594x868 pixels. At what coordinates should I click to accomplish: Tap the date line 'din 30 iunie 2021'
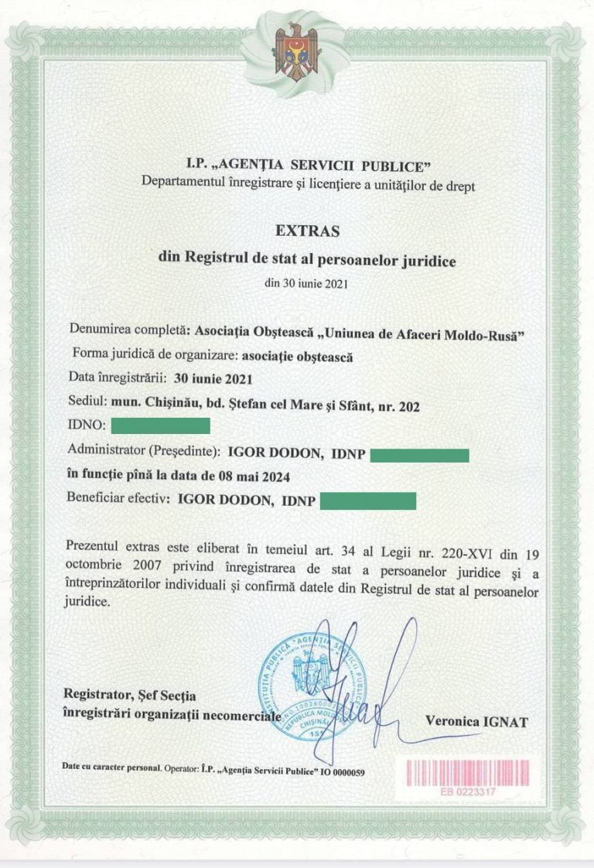pyautogui.click(x=306, y=282)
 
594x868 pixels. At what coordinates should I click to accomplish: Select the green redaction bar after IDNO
pyautogui.click(x=161, y=425)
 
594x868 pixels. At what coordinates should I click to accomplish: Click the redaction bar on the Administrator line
pyautogui.click(x=419, y=454)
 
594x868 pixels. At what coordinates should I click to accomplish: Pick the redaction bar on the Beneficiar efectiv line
pyautogui.click(x=368, y=501)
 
